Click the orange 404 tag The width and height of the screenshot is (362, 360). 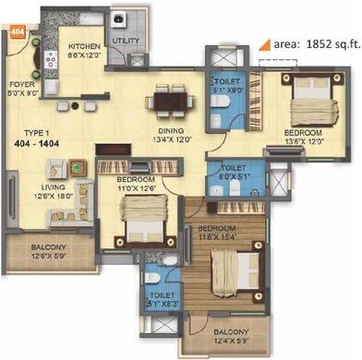pos(17,30)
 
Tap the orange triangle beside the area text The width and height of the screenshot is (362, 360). pos(264,42)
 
